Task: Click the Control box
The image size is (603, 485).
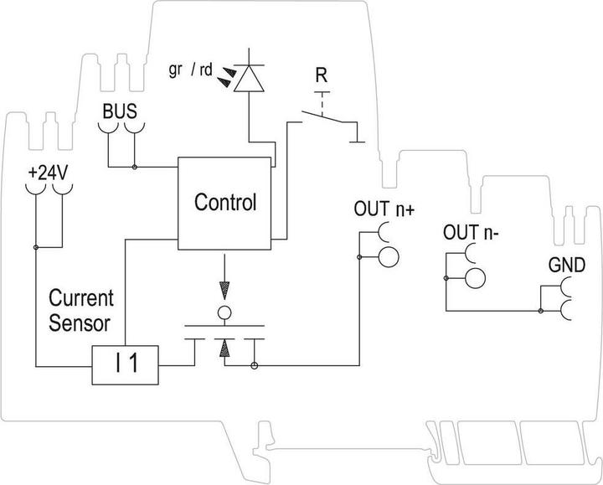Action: click(x=224, y=202)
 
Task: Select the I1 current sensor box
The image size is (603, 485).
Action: click(x=126, y=365)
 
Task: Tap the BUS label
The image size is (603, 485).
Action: click(x=119, y=111)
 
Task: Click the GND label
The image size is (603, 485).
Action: click(x=565, y=266)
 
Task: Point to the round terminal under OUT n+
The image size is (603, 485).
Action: click(x=389, y=255)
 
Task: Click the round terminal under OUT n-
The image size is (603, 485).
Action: click(x=477, y=279)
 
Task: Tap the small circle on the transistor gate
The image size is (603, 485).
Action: click(x=224, y=313)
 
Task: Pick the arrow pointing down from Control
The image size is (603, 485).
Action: click(x=223, y=290)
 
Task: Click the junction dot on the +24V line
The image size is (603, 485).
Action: click(x=36, y=247)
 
